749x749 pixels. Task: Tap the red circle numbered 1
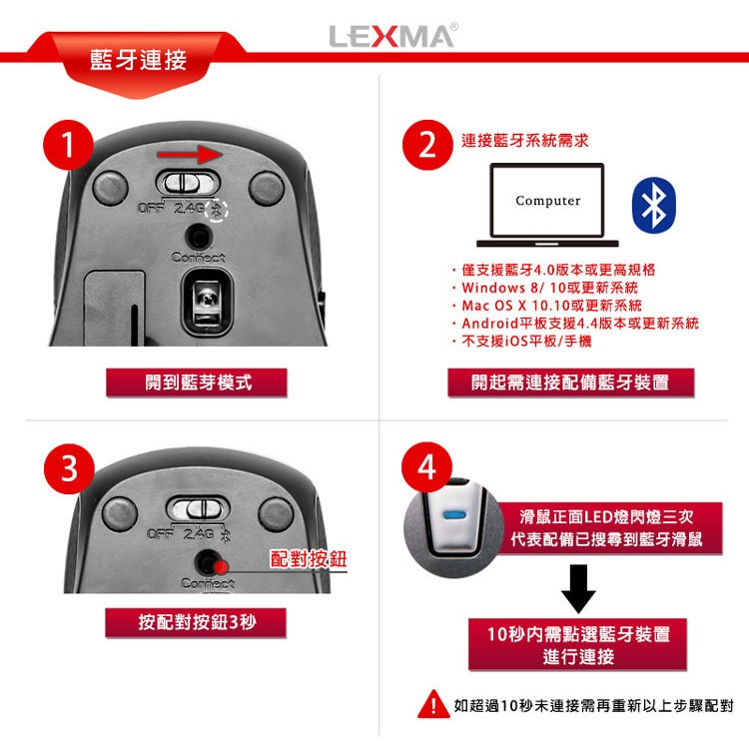68,145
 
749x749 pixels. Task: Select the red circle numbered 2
427,145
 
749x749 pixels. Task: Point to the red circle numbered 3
69,468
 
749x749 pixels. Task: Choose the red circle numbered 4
426,467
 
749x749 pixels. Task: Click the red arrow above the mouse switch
190,154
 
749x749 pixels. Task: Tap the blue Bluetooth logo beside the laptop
654,206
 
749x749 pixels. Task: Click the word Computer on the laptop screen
548,201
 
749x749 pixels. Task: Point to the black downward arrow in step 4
578,588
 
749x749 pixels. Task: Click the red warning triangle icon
433,704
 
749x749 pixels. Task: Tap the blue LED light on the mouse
453,515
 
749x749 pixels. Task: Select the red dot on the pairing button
221,567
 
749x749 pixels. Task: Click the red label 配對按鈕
309,559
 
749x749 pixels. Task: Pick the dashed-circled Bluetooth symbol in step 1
217,210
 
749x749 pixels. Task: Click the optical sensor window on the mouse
207,302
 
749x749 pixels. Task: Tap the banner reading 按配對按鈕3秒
196,622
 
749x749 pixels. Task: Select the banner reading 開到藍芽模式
197,382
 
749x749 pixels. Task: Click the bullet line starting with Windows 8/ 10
545,288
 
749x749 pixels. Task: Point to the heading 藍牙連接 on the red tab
138,61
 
